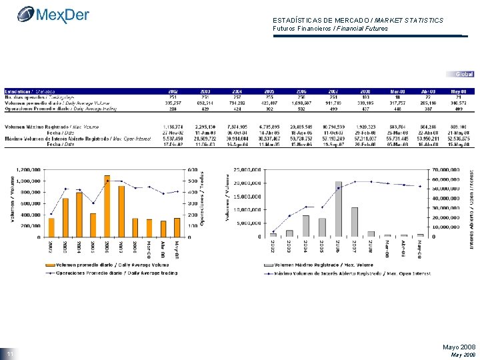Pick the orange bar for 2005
[x=93, y=225]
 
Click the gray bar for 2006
[x=339, y=209]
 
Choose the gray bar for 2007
[x=355, y=221]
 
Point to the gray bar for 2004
[x=306, y=225]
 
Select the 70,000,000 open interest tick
[x=443, y=169]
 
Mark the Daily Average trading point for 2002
[x=51, y=213]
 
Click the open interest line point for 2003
[x=289, y=215]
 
